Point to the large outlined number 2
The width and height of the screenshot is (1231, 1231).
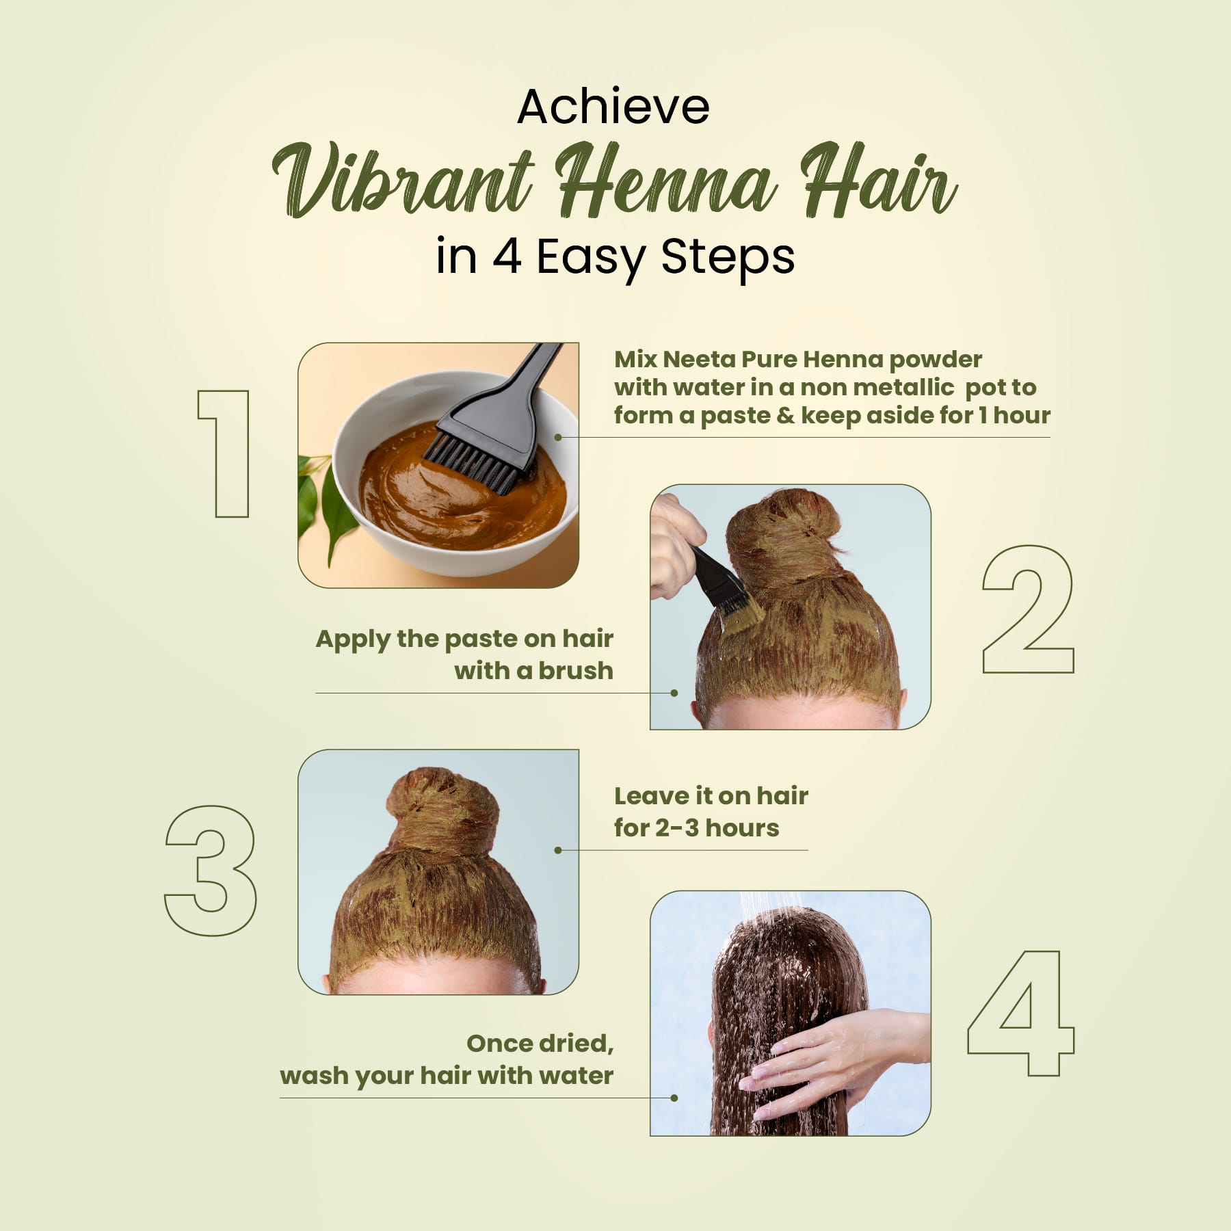click(1028, 609)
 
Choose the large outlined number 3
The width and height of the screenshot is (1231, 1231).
click(211, 870)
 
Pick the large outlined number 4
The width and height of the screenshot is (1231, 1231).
click(1022, 1013)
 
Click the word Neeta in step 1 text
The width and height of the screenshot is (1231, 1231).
click(696, 359)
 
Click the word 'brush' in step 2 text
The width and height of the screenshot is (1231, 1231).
click(575, 671)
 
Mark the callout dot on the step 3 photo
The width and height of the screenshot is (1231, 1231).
click(558, 850)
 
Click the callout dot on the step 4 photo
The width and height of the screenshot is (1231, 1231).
click(674, 1098)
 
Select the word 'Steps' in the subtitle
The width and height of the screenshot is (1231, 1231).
click(728, 258)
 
